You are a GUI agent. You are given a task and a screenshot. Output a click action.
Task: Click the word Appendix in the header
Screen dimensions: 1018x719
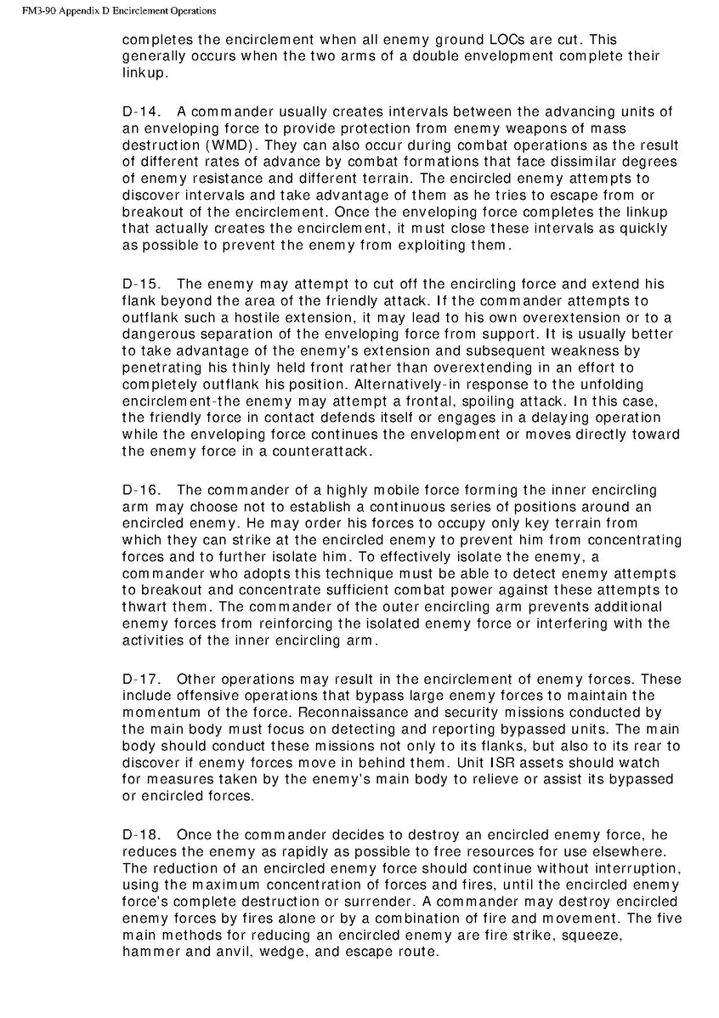pos(83,11)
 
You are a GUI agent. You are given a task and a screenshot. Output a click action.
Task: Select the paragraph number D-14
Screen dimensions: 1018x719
pos(141,111)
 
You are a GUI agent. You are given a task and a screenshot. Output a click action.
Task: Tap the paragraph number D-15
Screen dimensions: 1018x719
pos(141,284)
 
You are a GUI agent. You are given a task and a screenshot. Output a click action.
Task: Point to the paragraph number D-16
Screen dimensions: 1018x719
pos(141,490)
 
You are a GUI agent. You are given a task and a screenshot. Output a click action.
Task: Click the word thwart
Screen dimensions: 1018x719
pos(149,607)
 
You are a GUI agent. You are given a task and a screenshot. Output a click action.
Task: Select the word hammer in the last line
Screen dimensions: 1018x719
pos(151,953)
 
